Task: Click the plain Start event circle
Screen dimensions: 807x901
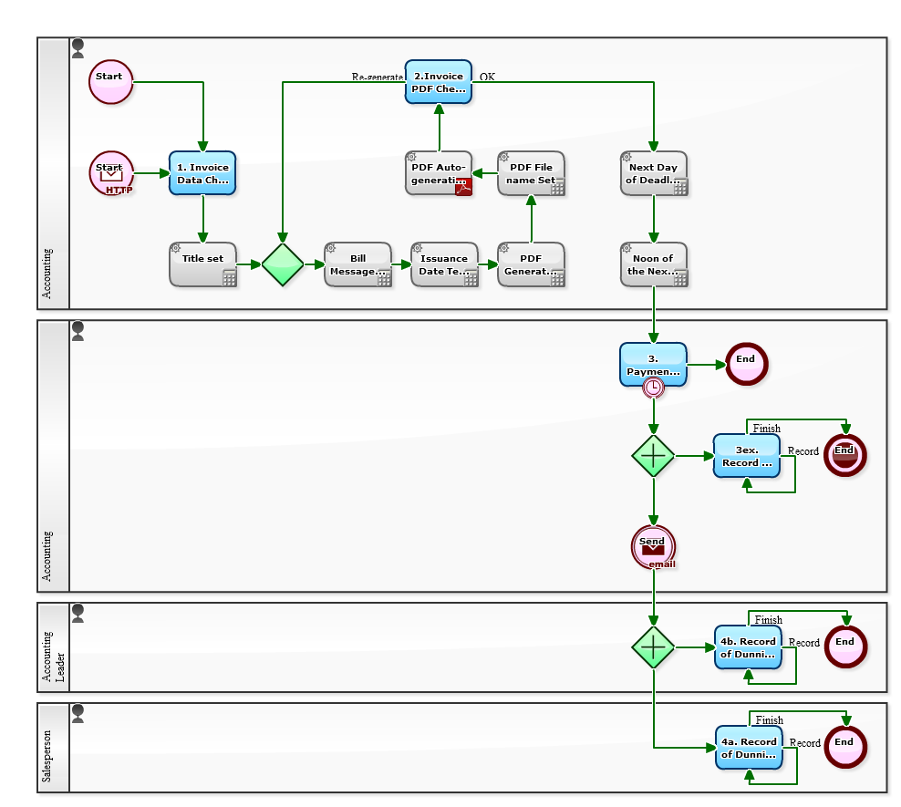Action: pos(111,81)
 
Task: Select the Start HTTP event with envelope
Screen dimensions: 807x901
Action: pos(111,172)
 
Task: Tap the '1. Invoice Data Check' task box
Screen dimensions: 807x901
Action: pos(202,173)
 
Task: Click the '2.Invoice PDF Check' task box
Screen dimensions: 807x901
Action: pos(439,82)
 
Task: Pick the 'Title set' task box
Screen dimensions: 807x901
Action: pos(202,264)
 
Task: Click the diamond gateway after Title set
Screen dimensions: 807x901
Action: pos(283,264)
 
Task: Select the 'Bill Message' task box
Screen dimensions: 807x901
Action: pos(357,264)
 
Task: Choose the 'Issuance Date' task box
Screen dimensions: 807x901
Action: pos(444,264)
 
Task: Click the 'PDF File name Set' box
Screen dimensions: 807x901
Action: pos(531,173)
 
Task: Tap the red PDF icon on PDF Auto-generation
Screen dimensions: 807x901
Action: pos(463,188)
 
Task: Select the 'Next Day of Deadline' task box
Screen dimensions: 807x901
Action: pos(653,173)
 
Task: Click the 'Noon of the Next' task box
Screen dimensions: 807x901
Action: pos(653,264)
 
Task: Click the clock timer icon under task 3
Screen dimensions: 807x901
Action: pos(653,388)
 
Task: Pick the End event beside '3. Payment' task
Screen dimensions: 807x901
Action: pos(747,364)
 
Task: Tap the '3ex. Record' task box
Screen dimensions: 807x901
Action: pos(747,456)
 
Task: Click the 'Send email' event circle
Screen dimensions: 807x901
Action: pos(653,547)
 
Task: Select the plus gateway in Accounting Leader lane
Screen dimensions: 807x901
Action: pos(653,647)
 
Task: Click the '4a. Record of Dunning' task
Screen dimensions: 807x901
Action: pos(749,748)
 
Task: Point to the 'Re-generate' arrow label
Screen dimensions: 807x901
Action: pos(377,78)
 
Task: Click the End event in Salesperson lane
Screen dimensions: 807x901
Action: pos(844,747)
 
